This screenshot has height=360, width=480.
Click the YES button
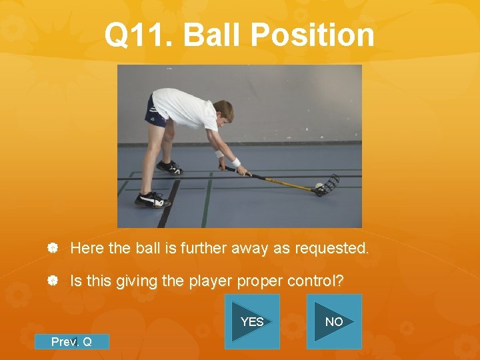(252, 321)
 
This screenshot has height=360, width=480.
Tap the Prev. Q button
(71, 341)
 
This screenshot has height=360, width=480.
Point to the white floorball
(319, 185)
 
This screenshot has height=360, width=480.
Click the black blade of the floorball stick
(329, 185)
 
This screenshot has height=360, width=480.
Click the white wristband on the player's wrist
(235, 163)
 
